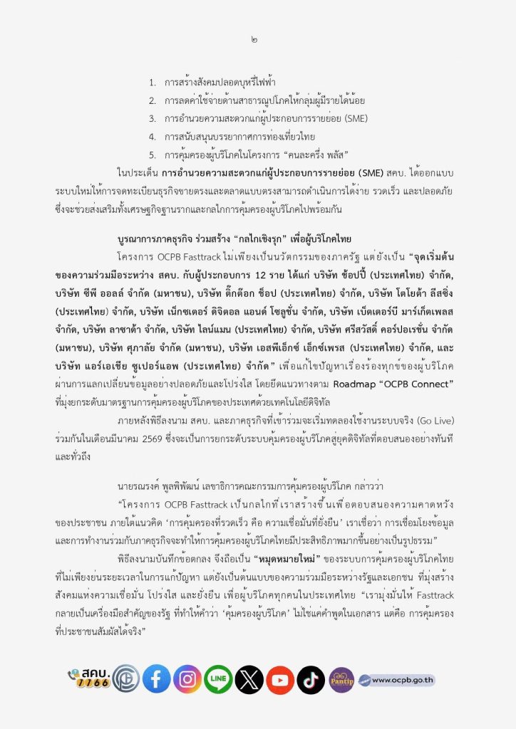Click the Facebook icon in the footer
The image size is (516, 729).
156,678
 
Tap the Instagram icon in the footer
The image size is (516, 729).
187,678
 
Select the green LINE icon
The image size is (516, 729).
218,678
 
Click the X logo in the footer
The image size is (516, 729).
249,678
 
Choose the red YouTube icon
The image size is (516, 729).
280,678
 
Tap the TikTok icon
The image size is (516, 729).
311,678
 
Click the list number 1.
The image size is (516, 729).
153,83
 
